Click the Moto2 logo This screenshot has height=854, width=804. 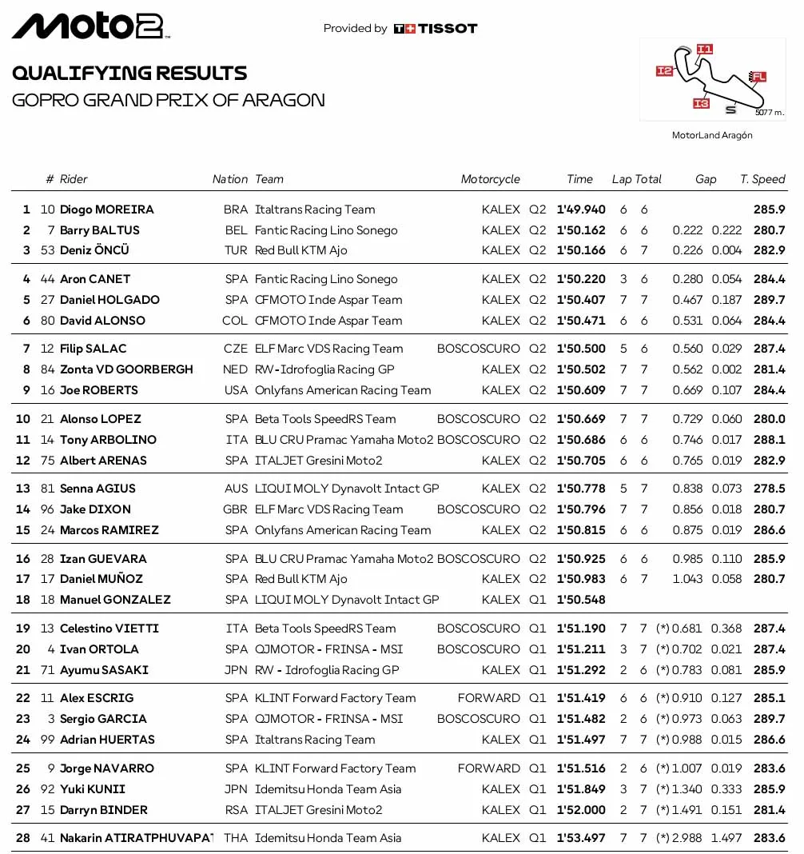click(x=90, y=26)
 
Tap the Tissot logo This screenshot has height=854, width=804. click(x=436, y=29)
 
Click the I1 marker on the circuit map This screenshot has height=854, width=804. click(x=703, y=49)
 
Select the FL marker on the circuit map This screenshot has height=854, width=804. click(x=758, y=77)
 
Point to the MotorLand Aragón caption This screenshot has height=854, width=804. click(x=712, y=135)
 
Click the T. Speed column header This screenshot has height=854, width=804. click(x=762, y=179)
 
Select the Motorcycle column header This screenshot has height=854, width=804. click(x=490, y=179)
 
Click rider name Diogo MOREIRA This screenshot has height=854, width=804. click(x=107, y=210)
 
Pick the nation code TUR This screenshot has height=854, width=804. click(x=236, y=250)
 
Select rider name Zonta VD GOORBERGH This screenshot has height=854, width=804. click(x=126, y=369)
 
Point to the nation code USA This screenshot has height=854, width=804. click(x=236, y=390)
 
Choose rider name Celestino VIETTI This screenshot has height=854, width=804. click(x=109, y=629)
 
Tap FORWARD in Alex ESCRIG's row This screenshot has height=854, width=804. click(x=488, y=698)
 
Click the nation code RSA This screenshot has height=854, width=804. click(x=236, y=810)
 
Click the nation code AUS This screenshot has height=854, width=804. click(x=236, y=489)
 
